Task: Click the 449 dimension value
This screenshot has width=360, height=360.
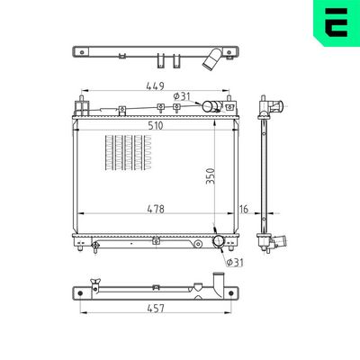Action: pyautogui.click(x=155, y=86)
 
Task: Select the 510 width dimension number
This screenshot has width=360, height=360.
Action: pyautogui.click(x=155, y=125)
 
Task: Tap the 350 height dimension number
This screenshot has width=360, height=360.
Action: pyautogui.click(x=211, y=175)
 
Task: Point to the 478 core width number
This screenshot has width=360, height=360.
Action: pyautogui.click(x=156, y=209)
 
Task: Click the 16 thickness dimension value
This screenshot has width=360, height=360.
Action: pyautogui.click(x=244, y=209)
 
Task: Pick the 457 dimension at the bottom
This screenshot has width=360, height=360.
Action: pyautogui.click(x=156, y=308)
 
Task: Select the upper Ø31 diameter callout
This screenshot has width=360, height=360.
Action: pyautogui.click(x=182, y=96)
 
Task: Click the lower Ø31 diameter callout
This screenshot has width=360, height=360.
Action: pyautogui.click(x=235, y=263)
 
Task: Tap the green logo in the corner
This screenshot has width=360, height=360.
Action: pyautogui.click(x=337, y=23)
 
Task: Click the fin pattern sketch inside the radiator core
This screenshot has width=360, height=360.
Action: pyautogui.click(x=128, y=153)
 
